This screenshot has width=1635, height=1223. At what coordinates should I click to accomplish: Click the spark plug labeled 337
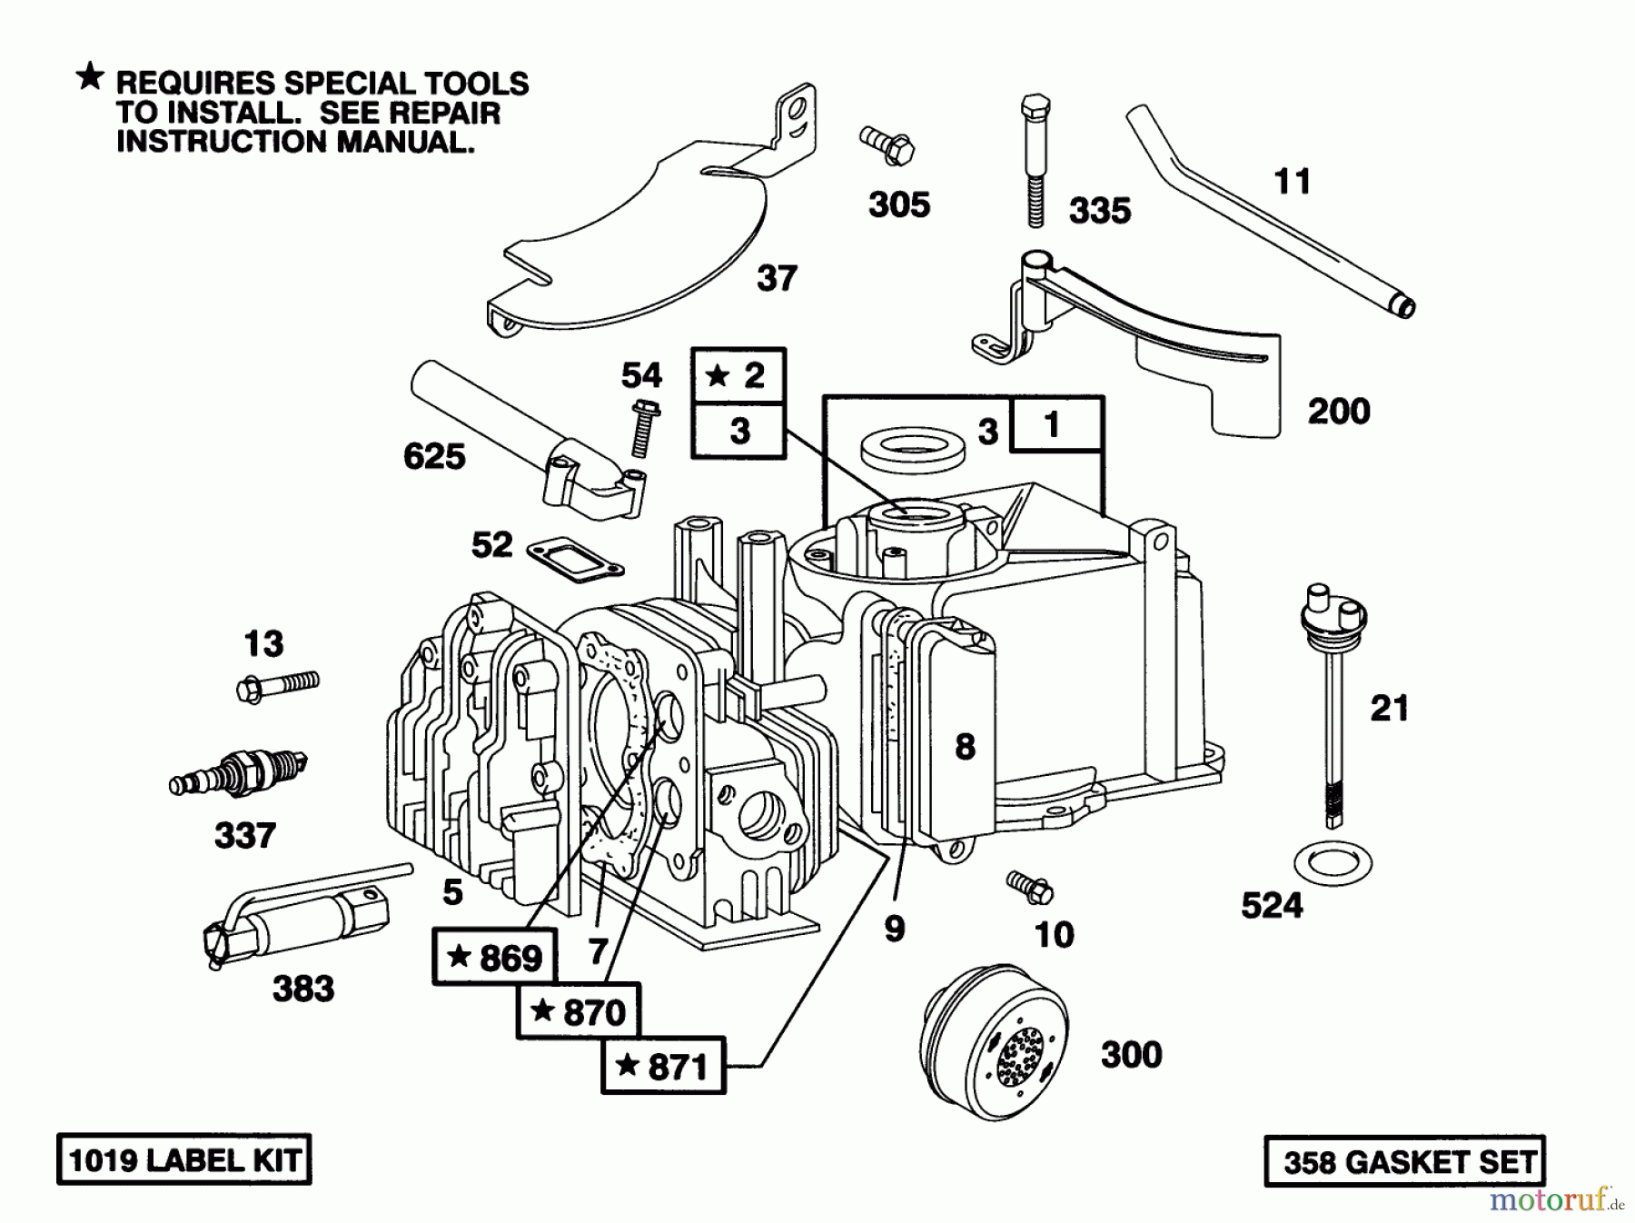pos(238,772)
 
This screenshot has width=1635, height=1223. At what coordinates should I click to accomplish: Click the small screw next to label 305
pos(887,145)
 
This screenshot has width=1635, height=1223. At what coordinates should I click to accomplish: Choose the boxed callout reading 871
pos(663,1065)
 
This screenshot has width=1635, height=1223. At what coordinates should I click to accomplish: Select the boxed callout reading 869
pos(495,956)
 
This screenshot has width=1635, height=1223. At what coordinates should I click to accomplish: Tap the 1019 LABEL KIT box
pos(184,1159)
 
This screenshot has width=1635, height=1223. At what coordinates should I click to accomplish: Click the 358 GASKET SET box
pos(1404,1161)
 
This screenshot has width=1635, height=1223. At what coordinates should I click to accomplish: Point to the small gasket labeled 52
pos(576,560)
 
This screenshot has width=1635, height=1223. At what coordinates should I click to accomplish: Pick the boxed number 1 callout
pos(1053,424)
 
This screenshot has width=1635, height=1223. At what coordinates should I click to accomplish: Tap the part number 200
pos(1338,411)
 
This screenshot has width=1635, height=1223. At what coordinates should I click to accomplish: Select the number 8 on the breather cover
pos(965,746)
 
